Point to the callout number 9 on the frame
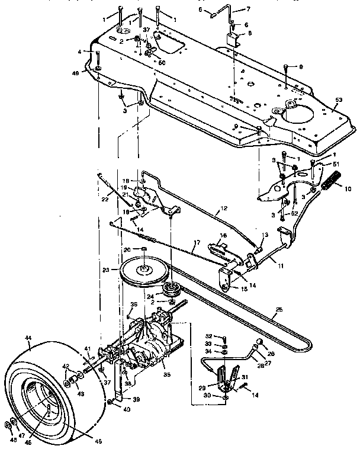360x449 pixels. click(300, 66)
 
